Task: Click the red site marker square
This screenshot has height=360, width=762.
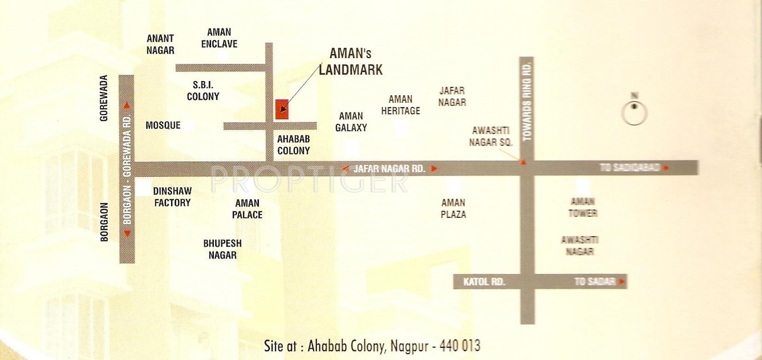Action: tap(282, 109)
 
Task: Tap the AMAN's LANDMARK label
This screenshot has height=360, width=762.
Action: tap(350, 62)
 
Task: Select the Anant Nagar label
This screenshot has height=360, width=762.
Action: tap(160, 44)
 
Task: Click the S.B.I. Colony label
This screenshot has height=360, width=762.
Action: tap(203, 91)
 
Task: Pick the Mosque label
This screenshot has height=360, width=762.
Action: tap(163, 125)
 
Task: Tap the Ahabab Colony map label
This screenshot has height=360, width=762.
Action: tap(293, 145)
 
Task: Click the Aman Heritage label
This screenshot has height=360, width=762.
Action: tap(400, 105)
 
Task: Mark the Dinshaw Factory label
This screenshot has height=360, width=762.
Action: tap(172, 197)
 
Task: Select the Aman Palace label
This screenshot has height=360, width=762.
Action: tap(248, 209)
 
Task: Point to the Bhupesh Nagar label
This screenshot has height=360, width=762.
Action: tap(222, 249)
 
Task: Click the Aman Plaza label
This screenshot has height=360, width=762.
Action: tap(453, 208)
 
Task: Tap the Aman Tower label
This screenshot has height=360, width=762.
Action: tap(583, 207)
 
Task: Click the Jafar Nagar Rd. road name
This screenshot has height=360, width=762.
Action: tap(390, 169)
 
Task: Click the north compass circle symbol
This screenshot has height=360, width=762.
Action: tap(634, 113)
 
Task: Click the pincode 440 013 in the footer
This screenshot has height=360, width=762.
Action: tap(457, 346)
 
